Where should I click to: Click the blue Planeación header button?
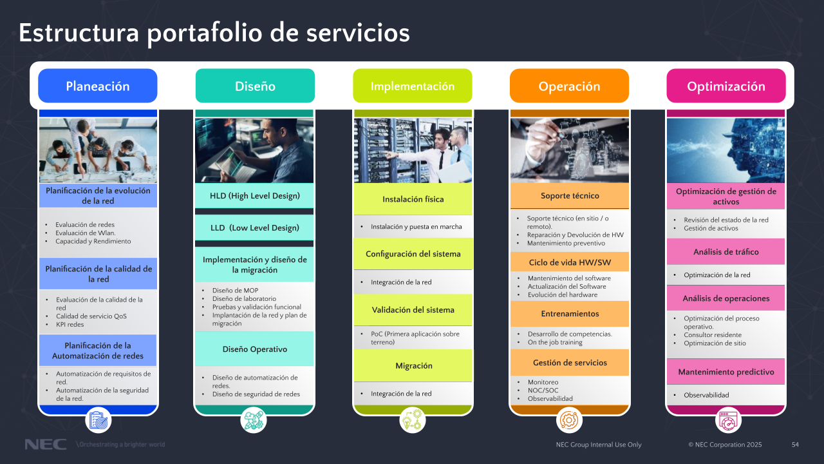(98, 86)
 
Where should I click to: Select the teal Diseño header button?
(255, 86)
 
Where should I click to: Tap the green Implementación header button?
(412, 86)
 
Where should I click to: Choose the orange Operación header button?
(569, 86)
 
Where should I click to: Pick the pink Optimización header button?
(726, 86)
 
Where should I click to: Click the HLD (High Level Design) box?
(255, 196)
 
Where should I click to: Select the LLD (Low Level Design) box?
(255, 227)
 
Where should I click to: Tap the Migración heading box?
(413, 365)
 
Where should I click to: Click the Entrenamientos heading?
(570, 314)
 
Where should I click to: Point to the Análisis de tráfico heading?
(726, 252)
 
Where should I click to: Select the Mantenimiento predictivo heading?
(726, 372)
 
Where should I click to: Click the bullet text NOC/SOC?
(543, 391)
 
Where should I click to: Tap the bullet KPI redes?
(70, 324)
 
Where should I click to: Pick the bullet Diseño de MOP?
(235, 291)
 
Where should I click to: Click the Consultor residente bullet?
(713, 335)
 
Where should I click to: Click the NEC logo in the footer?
(45, 445)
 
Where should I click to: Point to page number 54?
(795, 445)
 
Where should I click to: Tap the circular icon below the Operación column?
(569, 420)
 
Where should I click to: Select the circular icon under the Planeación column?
(98, 420)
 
